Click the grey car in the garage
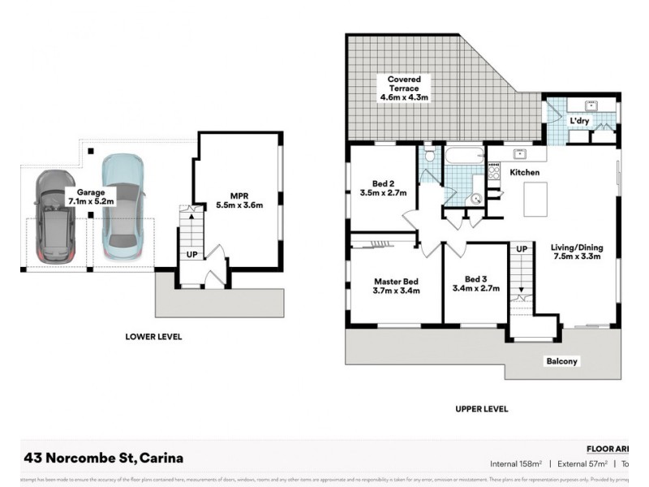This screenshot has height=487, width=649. point(54,218)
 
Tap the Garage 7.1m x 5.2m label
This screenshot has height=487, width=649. point(91,196)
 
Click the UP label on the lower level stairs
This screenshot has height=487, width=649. point(191,254)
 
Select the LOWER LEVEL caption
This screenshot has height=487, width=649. point(153,336)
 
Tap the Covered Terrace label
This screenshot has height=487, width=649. point(403,88)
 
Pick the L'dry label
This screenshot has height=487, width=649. point(579,121)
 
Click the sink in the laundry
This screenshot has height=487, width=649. point(591,106)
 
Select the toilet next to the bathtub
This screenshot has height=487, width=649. point(429,153)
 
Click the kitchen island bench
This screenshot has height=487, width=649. point(535,199)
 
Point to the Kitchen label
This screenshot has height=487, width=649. point(524,173)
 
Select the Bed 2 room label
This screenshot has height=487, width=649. point(383,188)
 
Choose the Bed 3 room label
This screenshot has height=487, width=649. point(475,283)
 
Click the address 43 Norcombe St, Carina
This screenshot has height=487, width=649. point(104,458)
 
